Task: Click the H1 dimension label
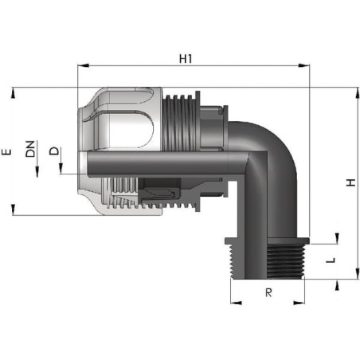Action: pyautogui.click(x=186, y=59)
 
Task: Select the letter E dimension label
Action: pyautogui.click(x=6, y=152)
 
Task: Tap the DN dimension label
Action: pyautogui.click(x=30, y=149)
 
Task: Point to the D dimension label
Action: pyautogui.click(x=54, y=151)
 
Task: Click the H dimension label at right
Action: pyautogui.click(x=350, y=182)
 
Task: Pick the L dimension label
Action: pyautogui.click(x=331, y=260)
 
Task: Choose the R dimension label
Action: pyautogui.click(x=268, y=292)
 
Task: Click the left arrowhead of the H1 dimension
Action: pyautogui.click(x=83, y=65)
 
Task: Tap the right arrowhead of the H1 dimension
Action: pyautogui.click(x=303, y=65)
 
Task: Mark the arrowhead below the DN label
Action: pyautogui.click(x=37, y=171)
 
